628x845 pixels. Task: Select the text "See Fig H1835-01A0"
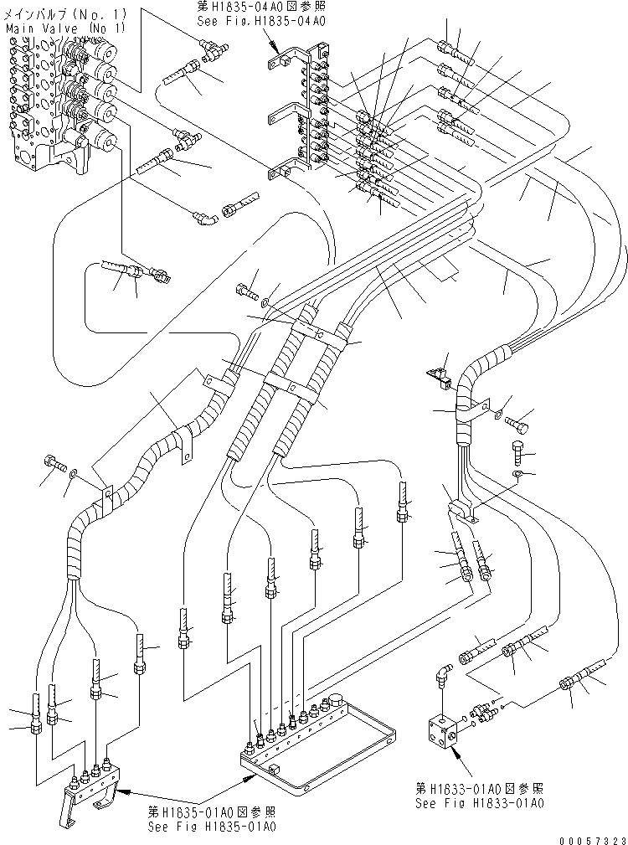[x=210, y=826]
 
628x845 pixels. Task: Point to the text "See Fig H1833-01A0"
[x=479, y=801]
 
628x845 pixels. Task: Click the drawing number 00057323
[x=591, y=837]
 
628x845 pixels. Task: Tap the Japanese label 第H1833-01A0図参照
[x=479, y=788]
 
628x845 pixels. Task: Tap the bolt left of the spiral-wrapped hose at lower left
[x=54, y=462]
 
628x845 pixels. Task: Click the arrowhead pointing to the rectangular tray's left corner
[x=249, y=776]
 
